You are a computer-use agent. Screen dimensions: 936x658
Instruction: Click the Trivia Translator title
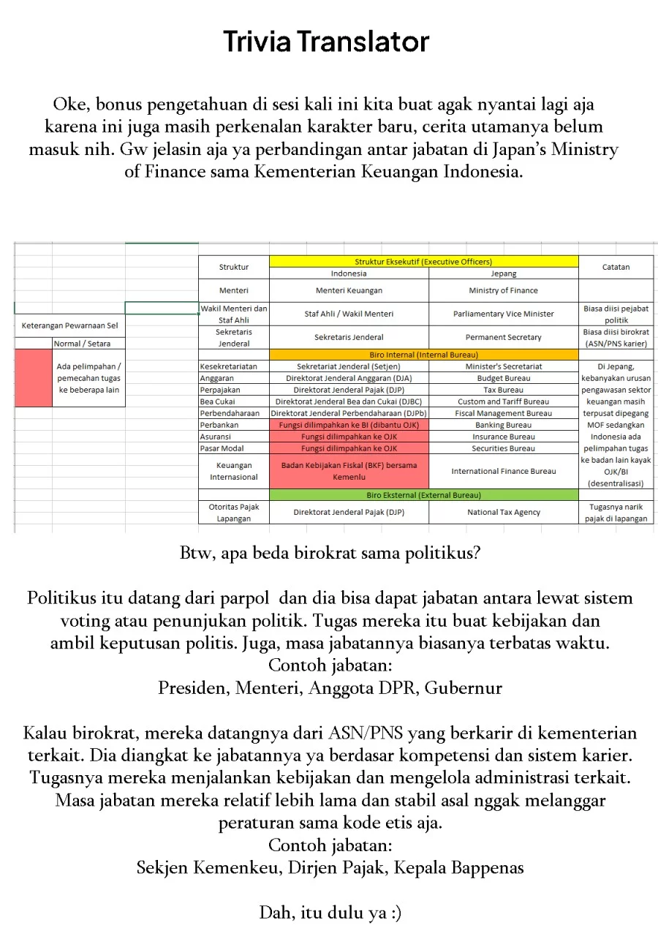coord(326,42)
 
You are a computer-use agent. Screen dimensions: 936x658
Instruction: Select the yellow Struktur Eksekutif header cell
coord(423,261)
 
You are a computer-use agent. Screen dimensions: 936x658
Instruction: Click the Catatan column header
coord(616,267)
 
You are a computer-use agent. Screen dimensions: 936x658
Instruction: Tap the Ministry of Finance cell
coord(503,290)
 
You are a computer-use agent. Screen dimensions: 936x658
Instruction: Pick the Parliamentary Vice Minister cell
coord(503,314)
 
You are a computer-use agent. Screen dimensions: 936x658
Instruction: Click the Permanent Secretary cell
coord(503,337)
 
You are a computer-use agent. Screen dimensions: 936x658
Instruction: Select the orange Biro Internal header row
coord(423,355)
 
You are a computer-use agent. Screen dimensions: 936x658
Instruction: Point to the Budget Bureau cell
coord(503,378)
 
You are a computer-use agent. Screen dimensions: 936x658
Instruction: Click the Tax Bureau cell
coord(503,390)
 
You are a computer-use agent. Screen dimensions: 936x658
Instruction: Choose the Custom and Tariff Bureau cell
coord(503,401)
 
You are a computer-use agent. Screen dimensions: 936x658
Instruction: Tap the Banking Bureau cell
coord(503,425)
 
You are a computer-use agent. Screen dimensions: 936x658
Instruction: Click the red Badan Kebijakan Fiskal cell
coord(349,471)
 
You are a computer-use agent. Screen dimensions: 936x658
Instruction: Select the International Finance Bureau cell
coord(503,471)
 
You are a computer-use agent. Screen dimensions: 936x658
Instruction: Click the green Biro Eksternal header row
coord(423,495)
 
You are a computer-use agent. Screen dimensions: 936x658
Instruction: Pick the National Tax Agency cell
coord(503,512)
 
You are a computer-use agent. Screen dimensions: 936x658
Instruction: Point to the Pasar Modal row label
coord(222,448)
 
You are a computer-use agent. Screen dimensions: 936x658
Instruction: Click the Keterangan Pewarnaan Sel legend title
coord(69,325)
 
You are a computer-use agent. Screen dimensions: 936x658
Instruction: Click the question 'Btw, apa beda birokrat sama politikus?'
coord(330,553)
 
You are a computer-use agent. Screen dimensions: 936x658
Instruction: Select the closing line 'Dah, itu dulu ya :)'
coord(330,913)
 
